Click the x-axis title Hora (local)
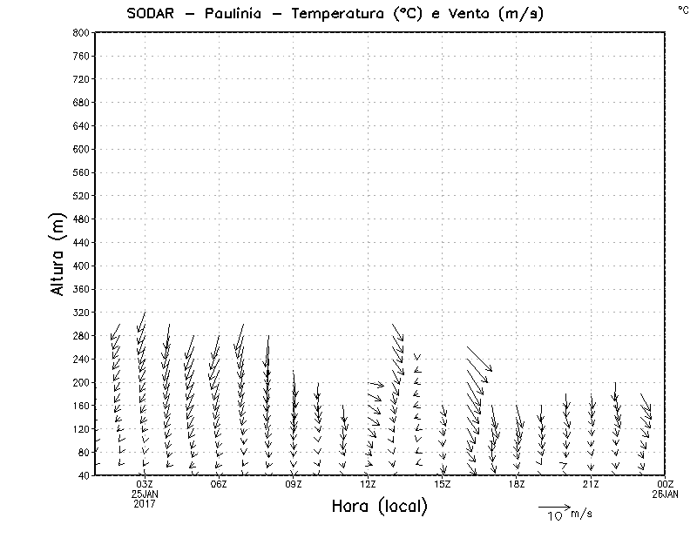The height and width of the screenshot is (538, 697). pos(380,506)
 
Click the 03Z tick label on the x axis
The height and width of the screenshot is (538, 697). pos(145,484)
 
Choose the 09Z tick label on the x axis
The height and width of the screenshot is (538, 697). pos(294,484)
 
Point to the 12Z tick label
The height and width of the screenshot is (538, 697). pos(368,484)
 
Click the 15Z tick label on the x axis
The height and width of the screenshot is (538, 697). pos(443,484)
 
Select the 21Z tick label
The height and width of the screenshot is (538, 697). pos(591,484)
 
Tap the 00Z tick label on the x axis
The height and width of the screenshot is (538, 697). pos(666,484)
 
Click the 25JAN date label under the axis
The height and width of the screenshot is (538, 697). pos(145,494)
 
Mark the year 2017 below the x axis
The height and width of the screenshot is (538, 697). pos(145,503)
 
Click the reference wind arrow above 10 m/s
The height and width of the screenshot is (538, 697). pos(553,506)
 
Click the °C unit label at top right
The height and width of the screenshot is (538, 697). pos(683,9)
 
